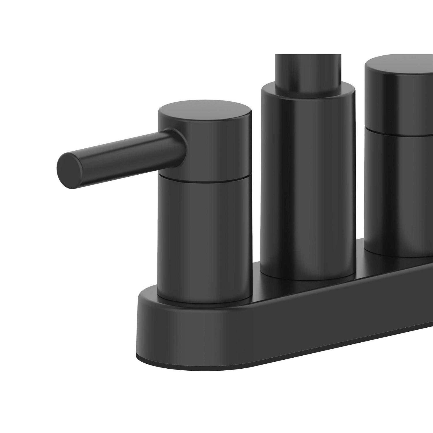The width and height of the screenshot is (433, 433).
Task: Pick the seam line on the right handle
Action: coord(401,134)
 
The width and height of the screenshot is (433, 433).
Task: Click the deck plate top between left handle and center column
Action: coord(255,292)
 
